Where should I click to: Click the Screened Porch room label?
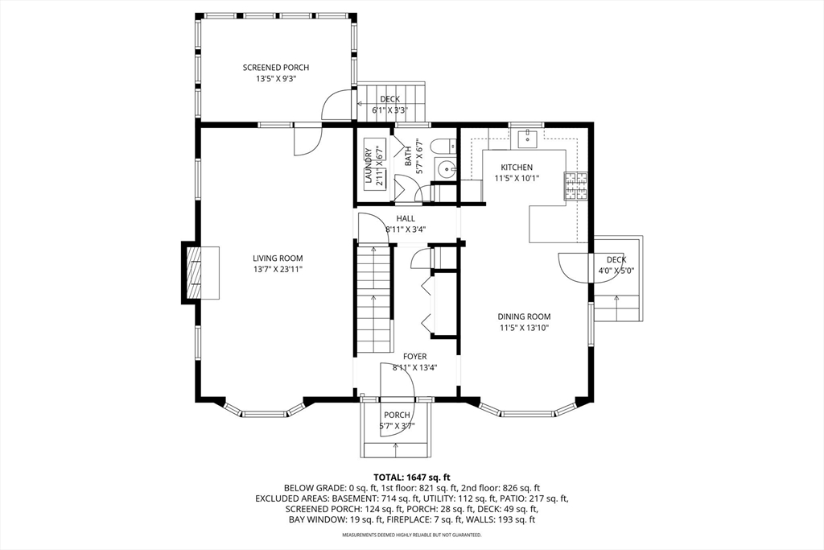coord(275,68)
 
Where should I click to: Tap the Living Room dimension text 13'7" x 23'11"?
coord(278,269)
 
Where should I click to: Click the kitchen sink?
coord(527,139)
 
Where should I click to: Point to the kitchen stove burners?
coord(575,186)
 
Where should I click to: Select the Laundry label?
coord(369,164)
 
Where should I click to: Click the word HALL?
coord(406,218)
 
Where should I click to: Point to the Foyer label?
coord(414,357)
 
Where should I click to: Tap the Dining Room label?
coord(524,316)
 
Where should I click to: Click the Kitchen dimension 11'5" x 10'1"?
coord(517,178)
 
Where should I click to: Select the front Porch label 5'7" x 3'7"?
coord(397,426)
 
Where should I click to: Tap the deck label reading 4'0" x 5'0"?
coord(616,271)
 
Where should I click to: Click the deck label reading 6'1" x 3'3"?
coord(389,110)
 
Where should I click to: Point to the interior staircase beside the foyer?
coord(374,299)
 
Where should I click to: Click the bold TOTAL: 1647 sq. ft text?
coord(411,478)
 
